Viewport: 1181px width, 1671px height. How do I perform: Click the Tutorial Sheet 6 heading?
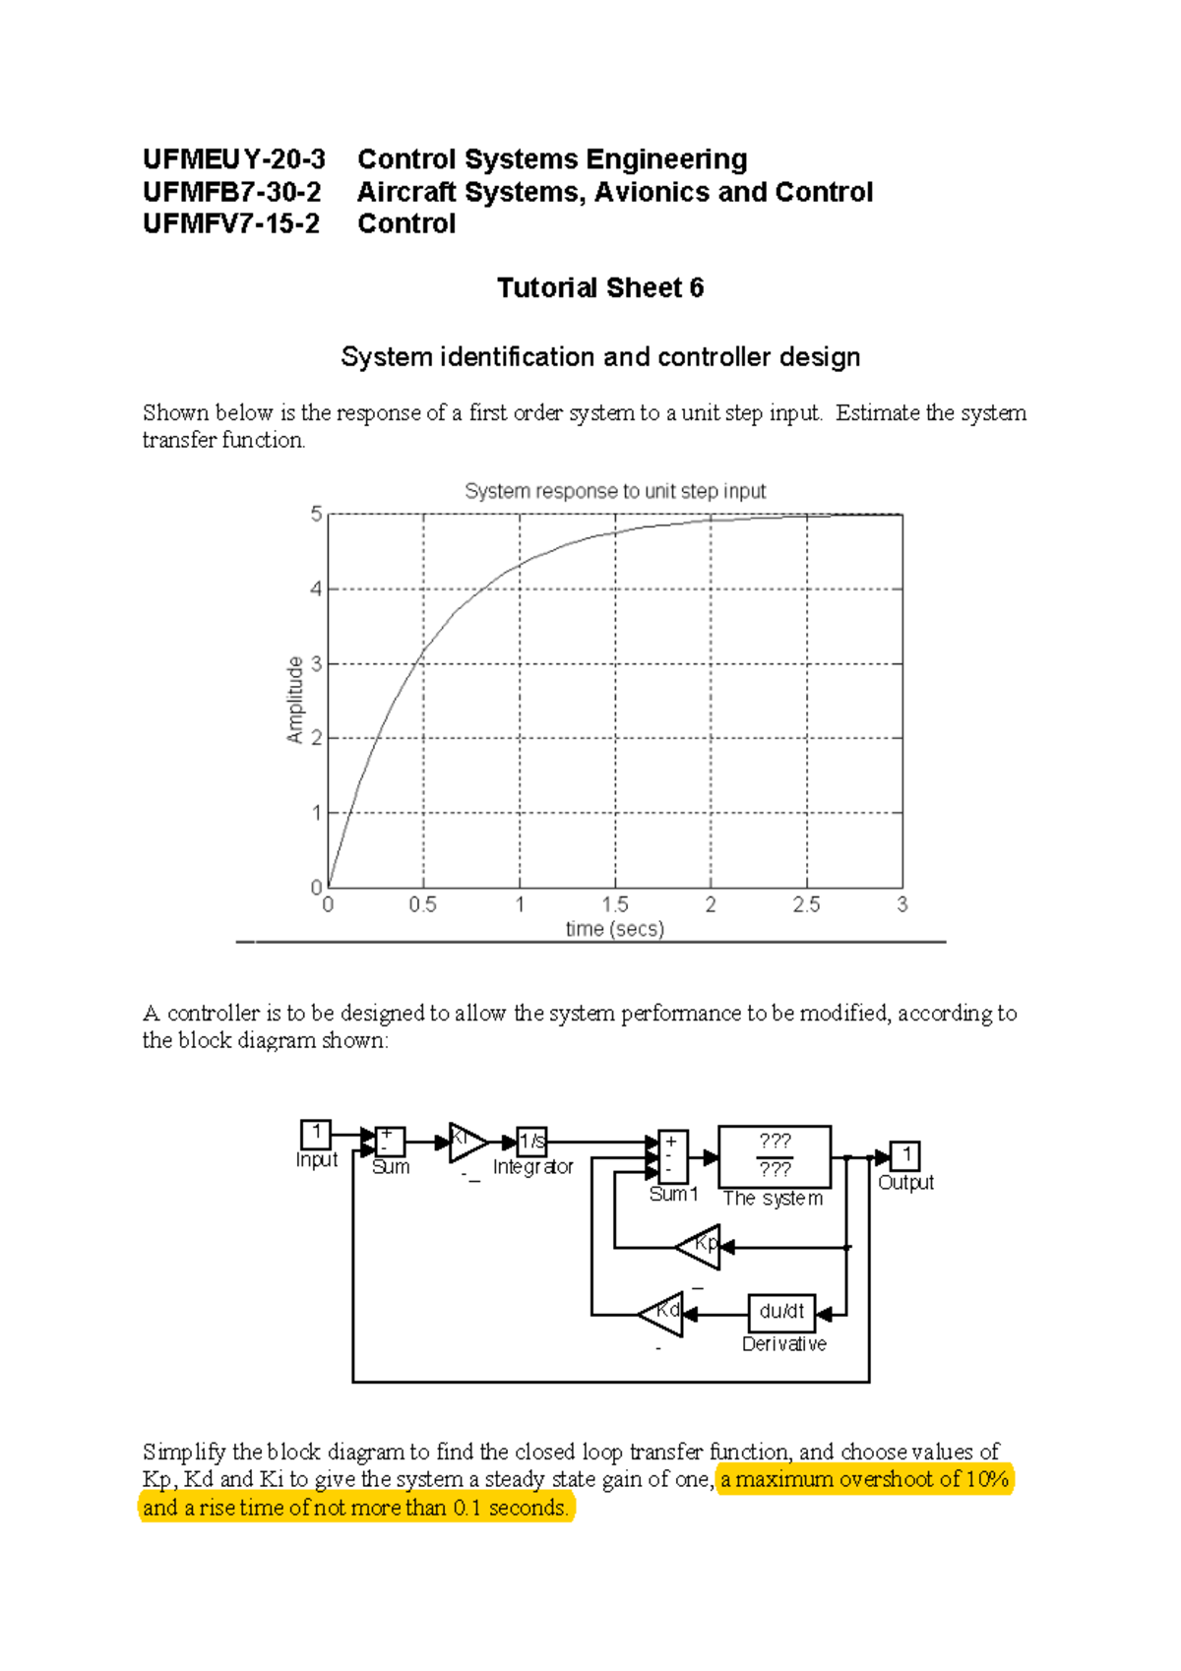[599, 287]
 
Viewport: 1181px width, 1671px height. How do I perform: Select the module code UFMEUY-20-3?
[233, 159]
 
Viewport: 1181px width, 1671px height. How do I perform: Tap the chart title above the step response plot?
[615, 491]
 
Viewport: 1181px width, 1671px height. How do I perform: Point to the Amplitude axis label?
[295, 700]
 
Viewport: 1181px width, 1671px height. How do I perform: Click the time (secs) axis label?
[614, 929]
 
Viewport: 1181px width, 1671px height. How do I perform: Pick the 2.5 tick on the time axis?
[806, 904]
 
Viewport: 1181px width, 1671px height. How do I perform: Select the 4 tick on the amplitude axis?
[316, 589]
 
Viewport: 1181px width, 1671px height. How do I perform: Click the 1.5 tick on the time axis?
[615, 904]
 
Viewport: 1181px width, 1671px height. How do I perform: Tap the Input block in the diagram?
[316, 1134]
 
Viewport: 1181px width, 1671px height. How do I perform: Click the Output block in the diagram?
[904, 1155]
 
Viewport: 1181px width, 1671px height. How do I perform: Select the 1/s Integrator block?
[531, 1142]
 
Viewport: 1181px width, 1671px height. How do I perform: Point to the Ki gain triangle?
[466, 1142]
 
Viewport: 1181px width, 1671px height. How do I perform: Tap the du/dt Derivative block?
[782, 1312]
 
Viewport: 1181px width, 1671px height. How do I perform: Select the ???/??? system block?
[775, 1156]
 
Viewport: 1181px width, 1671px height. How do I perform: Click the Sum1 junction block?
[672, 1156]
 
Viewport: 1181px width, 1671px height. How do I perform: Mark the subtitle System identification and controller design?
[600, 356]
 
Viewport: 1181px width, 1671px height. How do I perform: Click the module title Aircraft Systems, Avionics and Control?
[615, 192]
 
